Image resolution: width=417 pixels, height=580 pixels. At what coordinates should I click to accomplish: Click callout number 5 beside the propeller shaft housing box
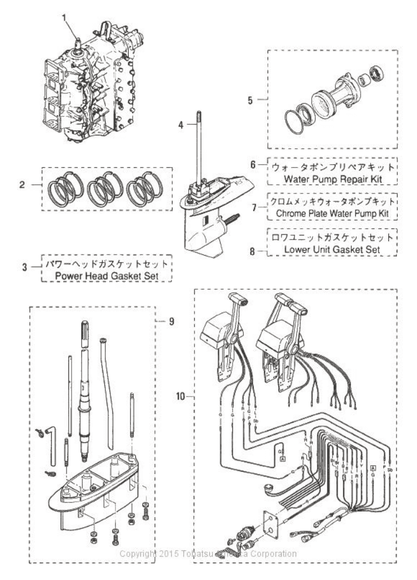[250, 98]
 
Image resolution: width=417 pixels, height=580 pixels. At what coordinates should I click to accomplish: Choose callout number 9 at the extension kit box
[171, 320]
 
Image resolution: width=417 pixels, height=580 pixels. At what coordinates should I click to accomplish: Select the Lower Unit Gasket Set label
[333, 249]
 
